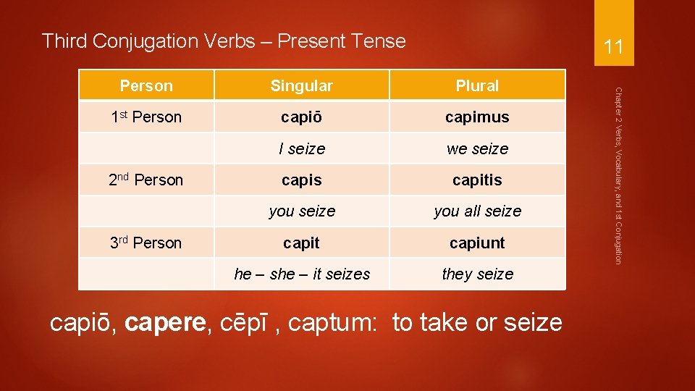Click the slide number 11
point(613,48)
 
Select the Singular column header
point(301,85)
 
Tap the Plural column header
point(477,85)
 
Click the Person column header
point(146,85)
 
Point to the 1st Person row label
point(146,117)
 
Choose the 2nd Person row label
point(146,180)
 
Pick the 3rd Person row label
point(146,243)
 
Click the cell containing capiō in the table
point(301,117)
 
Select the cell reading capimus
point(477,117)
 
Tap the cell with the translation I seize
point(301,148)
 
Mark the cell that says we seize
point(477,148)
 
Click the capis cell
point(301,180)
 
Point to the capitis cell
point(477,180)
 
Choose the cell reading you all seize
point(477,211)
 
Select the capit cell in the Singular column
point(301,243)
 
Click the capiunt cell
point(477,243)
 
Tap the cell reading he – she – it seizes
point(301,274)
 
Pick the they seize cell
point(477,274)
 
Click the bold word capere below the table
point(165,322)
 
